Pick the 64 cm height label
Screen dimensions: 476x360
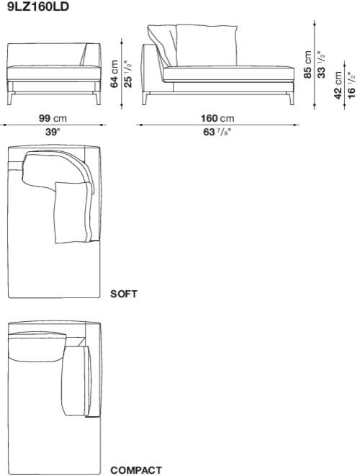point(114,74)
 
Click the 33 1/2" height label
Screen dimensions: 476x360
point(322,65)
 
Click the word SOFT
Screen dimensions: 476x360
point(124,294)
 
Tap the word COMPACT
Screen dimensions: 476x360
point(136,470)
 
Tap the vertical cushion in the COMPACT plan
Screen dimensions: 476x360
point(75,381)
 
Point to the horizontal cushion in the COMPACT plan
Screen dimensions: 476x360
point(36,348)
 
